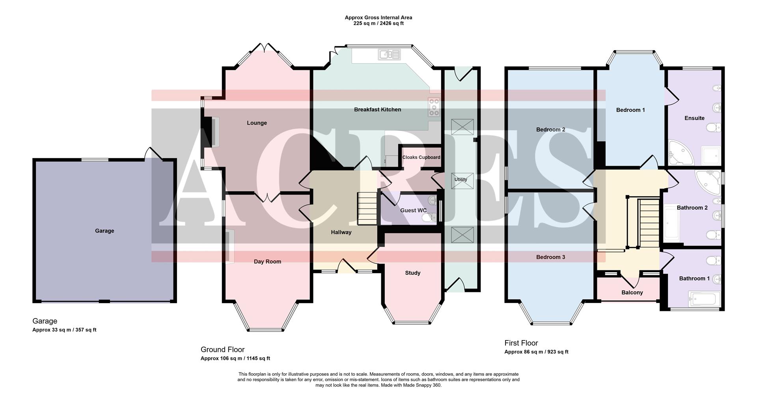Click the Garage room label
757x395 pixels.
pos(104,231)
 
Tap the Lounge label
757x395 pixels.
pos(257,123)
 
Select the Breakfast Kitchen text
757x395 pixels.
pos(377,110)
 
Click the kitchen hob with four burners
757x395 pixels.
pos(434,107)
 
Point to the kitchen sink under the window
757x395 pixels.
pos(389,54)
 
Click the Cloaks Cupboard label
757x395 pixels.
pos(421,157)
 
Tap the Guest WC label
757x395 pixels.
pos(413,210)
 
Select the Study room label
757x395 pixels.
pos(412,273)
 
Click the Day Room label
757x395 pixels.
pos(267,261)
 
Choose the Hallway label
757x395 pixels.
pos(341,232)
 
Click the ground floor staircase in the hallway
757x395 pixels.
pos(367,209)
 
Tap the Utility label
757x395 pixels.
pos(461,180)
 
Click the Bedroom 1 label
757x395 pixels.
pos(630,110)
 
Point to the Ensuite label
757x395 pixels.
pos(694,118)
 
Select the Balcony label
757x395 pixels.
pos(632,292)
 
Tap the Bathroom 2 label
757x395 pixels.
pos(692,208)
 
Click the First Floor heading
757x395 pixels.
pos(521,343)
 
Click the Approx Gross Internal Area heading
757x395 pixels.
pos(378,17)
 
